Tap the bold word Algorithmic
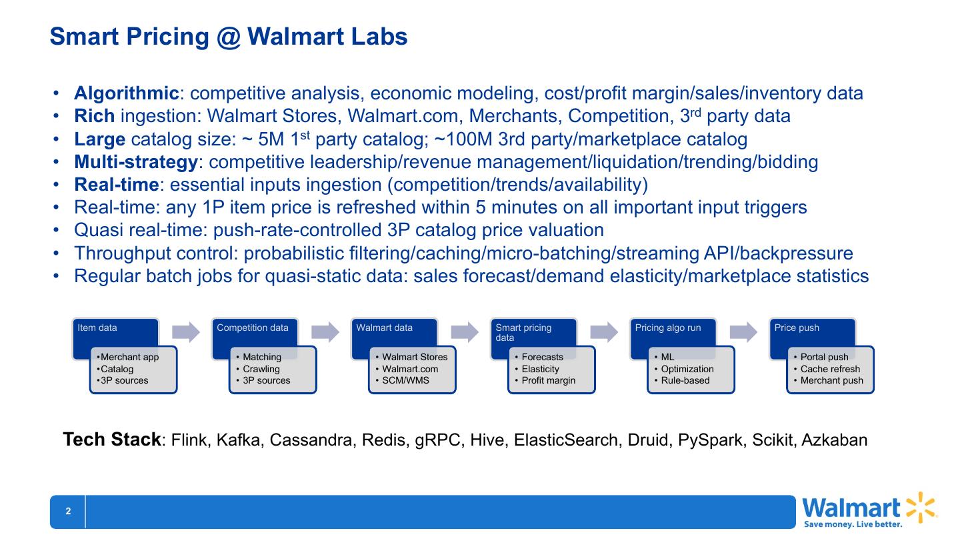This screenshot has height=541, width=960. [126, 93]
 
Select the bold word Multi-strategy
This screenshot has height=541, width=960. [135, 161]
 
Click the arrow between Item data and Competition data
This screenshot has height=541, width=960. [186, 332]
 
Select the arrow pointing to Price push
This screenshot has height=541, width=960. [743, 332]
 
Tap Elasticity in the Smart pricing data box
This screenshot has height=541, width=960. [540, 369]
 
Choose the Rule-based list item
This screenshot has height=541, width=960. [685, 381]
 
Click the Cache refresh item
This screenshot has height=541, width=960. [830, 369]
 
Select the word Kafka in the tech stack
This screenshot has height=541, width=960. [238, 440]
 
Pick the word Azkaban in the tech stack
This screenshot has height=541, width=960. [835, 440]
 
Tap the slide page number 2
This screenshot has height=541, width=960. [68, 512]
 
